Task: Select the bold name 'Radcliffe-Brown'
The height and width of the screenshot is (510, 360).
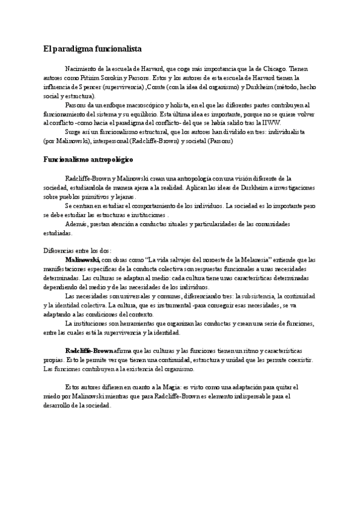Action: click(x=88, y=350)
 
